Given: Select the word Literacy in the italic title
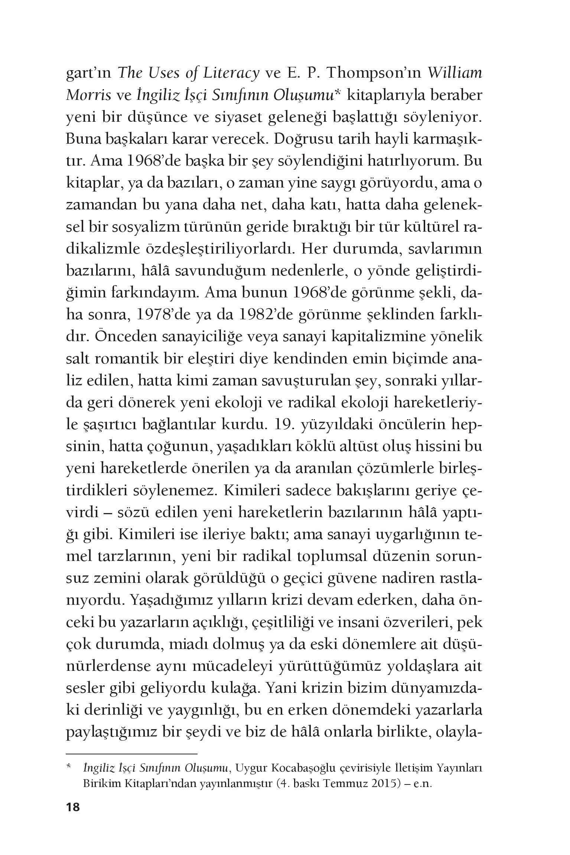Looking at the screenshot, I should point(231,74).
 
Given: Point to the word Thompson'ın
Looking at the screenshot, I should point(375,74).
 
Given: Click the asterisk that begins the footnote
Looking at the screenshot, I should point(68,767).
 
